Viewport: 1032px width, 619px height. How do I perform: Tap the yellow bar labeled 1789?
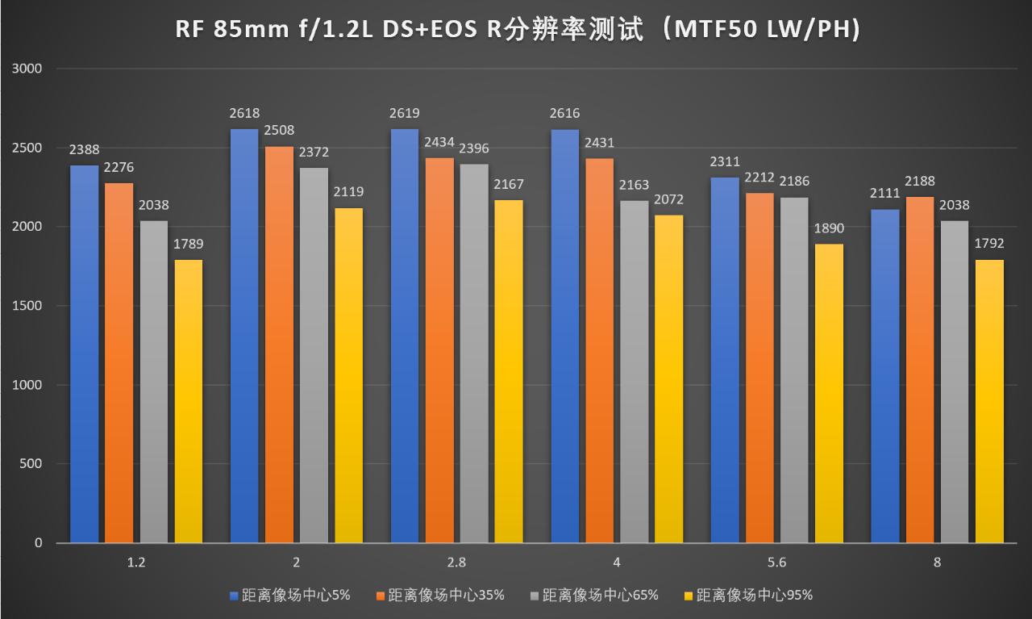point(189,400)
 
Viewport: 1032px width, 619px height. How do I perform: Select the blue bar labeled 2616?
point(564,336)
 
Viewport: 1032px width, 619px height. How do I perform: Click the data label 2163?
point(635,185)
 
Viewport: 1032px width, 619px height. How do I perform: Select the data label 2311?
point(723,162)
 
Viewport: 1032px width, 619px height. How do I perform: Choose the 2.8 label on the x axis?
point(456,563)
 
